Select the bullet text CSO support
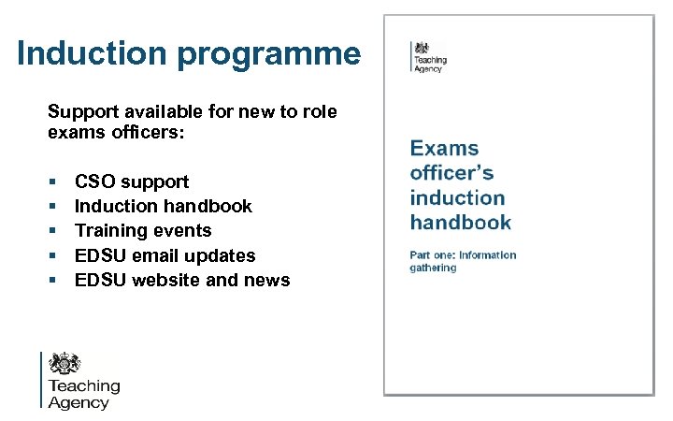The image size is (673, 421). tap(131, 181)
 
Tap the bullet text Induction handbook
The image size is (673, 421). tap(163, 206)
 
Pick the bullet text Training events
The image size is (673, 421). tap(143, 230)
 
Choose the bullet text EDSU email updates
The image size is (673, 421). tap(165, 255)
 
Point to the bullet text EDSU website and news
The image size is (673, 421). tap(182, 280)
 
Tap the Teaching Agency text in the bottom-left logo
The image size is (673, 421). tap(83, 394)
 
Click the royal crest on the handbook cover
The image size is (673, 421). tap(422, 48)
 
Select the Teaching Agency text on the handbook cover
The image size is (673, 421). tap(431, 65)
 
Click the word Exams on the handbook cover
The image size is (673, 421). tap(444, 149)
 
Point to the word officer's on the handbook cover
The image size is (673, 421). tap(451, 173)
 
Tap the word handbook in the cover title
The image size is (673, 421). tap(460, 223)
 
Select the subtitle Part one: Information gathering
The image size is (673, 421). tap(462, 261)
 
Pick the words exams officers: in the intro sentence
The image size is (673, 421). tap(117, 134)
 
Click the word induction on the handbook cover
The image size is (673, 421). tap(457, 197)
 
